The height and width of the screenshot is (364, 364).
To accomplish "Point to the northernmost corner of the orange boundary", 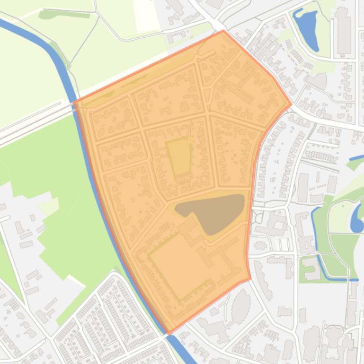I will coord(223,31).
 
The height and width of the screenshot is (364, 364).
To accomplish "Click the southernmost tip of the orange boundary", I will coord(169,334).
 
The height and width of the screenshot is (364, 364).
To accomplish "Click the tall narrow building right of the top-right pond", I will coord(343,30).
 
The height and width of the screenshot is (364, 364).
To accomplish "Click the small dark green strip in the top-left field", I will coord(64,14).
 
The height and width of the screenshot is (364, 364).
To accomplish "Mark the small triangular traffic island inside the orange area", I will coord(207,95).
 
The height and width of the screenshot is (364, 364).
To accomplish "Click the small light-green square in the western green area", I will coord(48,206).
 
